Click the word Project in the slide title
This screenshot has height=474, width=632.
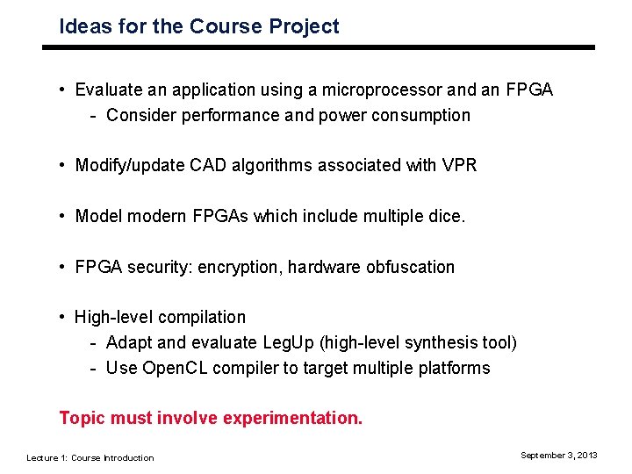[304, 27]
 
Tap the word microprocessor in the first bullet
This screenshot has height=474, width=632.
[385, 90]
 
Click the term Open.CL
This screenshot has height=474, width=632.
[173, 368]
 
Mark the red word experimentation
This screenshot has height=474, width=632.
[292, 419]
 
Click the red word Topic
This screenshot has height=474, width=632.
[82, 419]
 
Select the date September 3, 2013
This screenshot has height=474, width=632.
[558, 455]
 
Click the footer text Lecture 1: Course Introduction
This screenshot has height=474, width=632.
[90, 457]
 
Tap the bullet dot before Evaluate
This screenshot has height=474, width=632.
[63, 90]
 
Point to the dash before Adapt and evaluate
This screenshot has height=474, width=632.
[93, 343]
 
